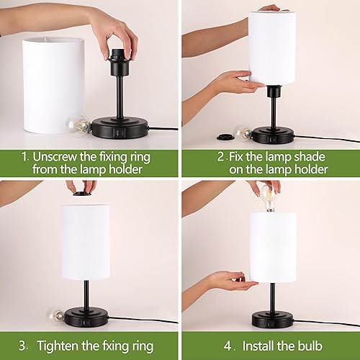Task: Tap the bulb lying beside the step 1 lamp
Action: coord(78,126)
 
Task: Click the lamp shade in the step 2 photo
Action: coord(274,47)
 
